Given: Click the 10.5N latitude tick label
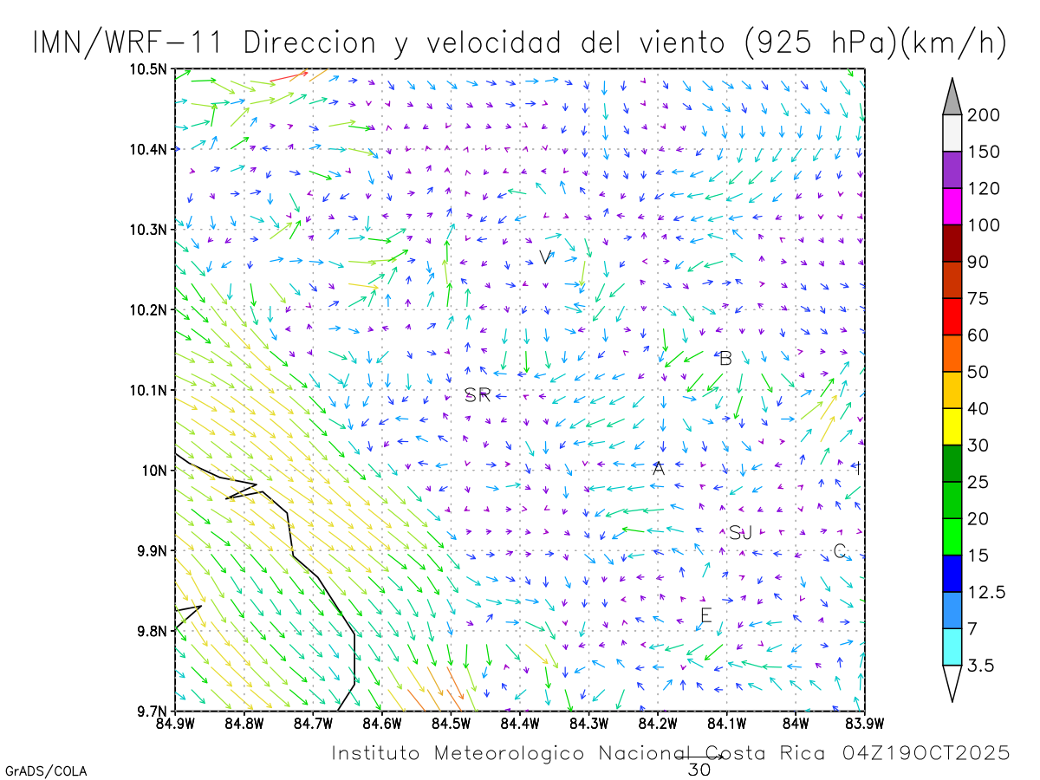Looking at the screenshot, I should click(x=149, y=69).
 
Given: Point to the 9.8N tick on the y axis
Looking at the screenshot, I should click(x=153, y=631).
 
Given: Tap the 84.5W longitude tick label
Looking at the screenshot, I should click(x=450, y=722).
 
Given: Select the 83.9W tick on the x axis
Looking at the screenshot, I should click(x=864, y=722).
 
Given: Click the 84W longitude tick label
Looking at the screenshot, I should click(x=796, y=722).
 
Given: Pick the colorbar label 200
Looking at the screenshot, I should click(x=984, y=116).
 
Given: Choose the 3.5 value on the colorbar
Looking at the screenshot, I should click(x=980, y=666).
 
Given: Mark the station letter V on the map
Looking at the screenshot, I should click(x=545, y=257).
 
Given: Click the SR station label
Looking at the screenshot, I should click(x=478, y=395).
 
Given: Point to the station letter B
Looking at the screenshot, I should click(x=726, y=358).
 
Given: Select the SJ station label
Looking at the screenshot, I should click(x=740, y=533).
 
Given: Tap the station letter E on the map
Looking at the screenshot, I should click(x=705, y=616).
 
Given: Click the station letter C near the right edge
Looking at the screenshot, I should click(x=839, y=551).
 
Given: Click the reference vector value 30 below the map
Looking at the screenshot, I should click(x=699, y=769).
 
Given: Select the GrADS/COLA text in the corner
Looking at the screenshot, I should click(x=46, y=770).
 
